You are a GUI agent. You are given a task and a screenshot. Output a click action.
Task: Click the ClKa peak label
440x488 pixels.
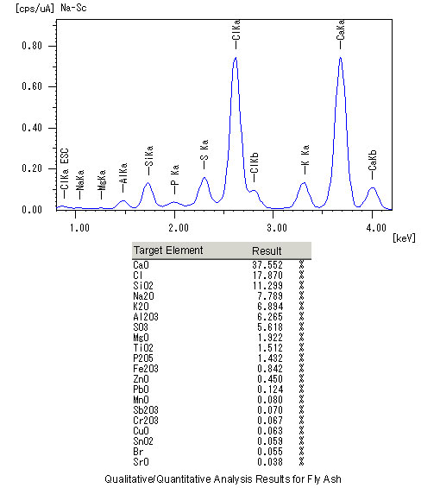coord(236,30)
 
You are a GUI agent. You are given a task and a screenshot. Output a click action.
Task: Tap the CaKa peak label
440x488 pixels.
coord(341,30)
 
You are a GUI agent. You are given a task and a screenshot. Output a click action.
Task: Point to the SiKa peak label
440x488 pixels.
coord(149,156)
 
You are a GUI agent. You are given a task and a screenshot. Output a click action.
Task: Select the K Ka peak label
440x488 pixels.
coord(305,155)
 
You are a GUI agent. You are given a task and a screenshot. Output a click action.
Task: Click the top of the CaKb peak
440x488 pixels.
coord(372,187)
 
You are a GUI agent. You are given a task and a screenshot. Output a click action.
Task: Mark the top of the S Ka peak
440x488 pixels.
coord(204,177)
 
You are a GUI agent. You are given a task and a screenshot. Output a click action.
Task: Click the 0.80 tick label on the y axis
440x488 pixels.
coord(32,46)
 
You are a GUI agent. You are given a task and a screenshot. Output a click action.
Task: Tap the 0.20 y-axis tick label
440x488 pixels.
coord(32,168)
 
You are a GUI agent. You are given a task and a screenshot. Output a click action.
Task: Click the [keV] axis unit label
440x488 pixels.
coord(404,238)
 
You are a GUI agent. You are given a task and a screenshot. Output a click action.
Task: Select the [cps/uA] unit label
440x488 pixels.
coord(35,8)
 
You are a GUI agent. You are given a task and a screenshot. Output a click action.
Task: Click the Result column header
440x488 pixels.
coord(267,250)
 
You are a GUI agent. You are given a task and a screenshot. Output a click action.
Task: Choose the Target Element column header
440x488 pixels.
coord(168,250)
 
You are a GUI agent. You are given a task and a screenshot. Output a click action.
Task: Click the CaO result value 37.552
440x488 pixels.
coord(267,265)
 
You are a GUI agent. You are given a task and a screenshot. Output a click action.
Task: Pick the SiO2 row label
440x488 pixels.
coord(143,286)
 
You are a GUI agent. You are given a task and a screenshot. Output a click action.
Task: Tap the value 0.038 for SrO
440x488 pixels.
coord(270,462)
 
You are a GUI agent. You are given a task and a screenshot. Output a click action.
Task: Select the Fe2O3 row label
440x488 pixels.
coord(146,369)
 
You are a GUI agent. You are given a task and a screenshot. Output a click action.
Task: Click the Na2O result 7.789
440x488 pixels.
coord(270,296)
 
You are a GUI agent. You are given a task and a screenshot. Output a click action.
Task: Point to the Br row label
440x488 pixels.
coord(138,452)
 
